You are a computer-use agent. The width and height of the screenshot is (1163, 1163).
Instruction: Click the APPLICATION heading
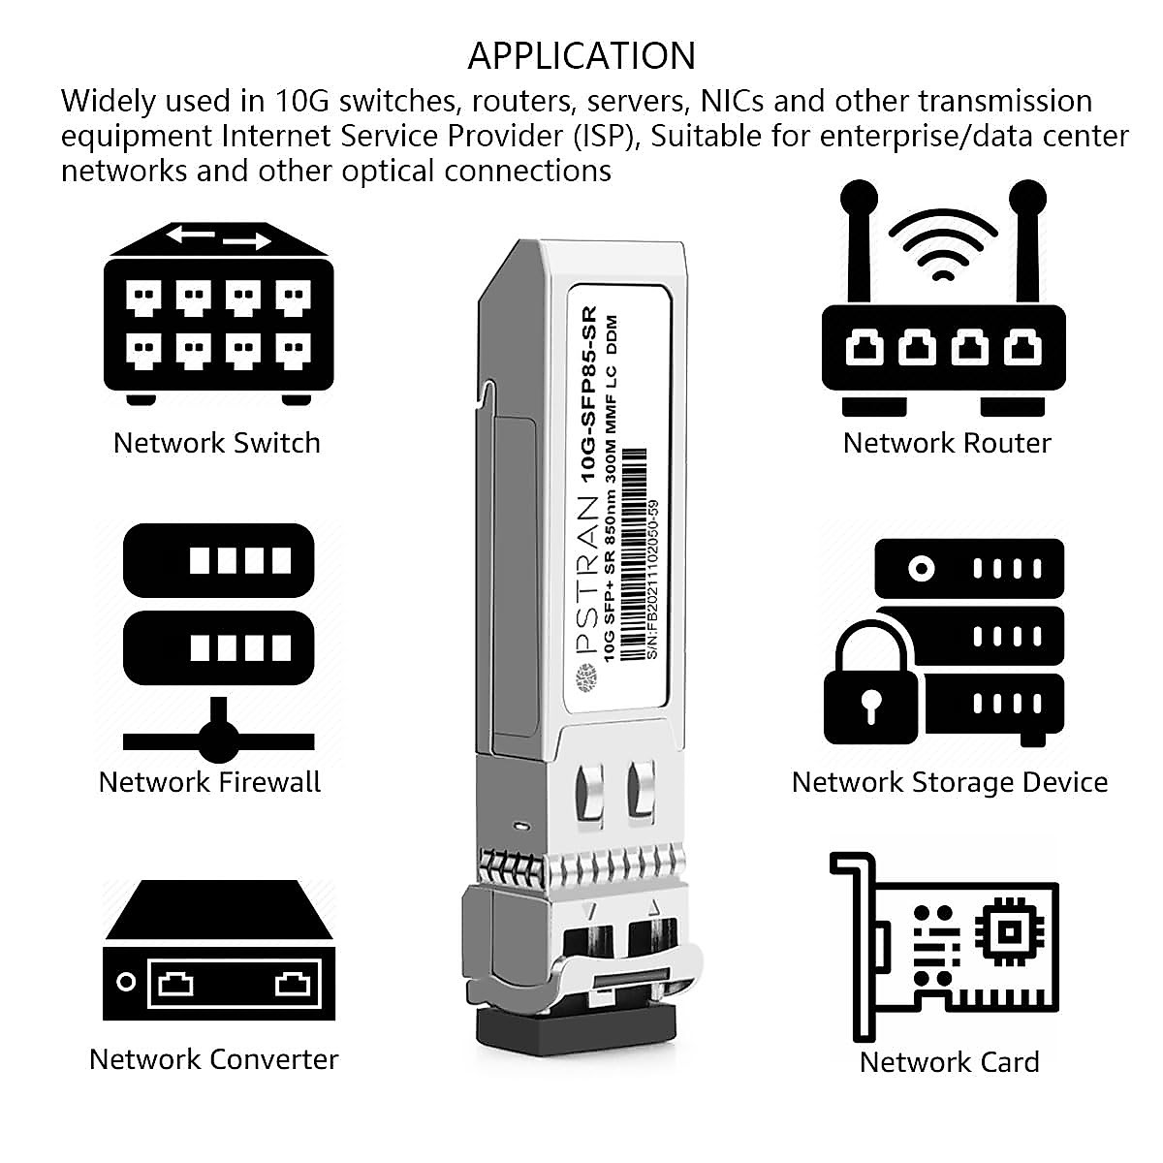point(581,56)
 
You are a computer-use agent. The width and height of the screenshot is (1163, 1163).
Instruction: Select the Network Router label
point(946,443)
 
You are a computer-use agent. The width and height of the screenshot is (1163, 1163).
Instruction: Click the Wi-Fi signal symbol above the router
point(942,242)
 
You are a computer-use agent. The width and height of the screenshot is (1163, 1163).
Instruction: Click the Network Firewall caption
point(209,782)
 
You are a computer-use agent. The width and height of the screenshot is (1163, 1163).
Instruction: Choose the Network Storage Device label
point(949,782)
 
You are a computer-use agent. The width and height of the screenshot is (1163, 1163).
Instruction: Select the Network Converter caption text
point(213,1059)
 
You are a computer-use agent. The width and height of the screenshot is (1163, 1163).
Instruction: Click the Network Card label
point(949,1062)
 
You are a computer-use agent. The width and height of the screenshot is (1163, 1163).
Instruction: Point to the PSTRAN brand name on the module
point(587,581)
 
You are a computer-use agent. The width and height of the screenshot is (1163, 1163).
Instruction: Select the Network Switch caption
point(216,443)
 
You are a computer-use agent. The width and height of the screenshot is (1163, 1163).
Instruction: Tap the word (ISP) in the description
point(609,137)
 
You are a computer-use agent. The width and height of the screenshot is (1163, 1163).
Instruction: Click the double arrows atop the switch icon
point(218,237)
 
